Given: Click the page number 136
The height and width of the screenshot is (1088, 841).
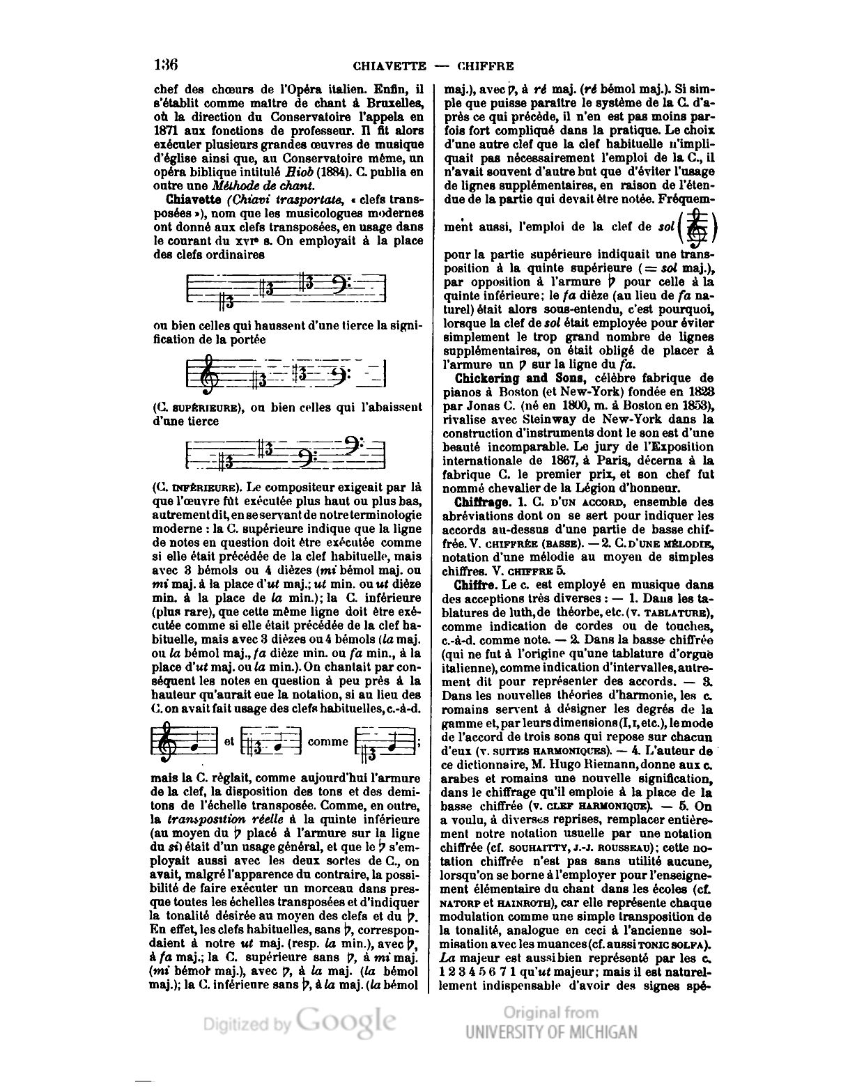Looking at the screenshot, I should tap(166, 65).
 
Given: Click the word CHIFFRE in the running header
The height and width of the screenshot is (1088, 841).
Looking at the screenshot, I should tap(486, 67).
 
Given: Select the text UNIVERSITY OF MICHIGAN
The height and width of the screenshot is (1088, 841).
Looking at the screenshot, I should tap(551, 1032).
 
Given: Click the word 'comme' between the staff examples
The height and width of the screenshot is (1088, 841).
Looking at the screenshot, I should tap(327, 742).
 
